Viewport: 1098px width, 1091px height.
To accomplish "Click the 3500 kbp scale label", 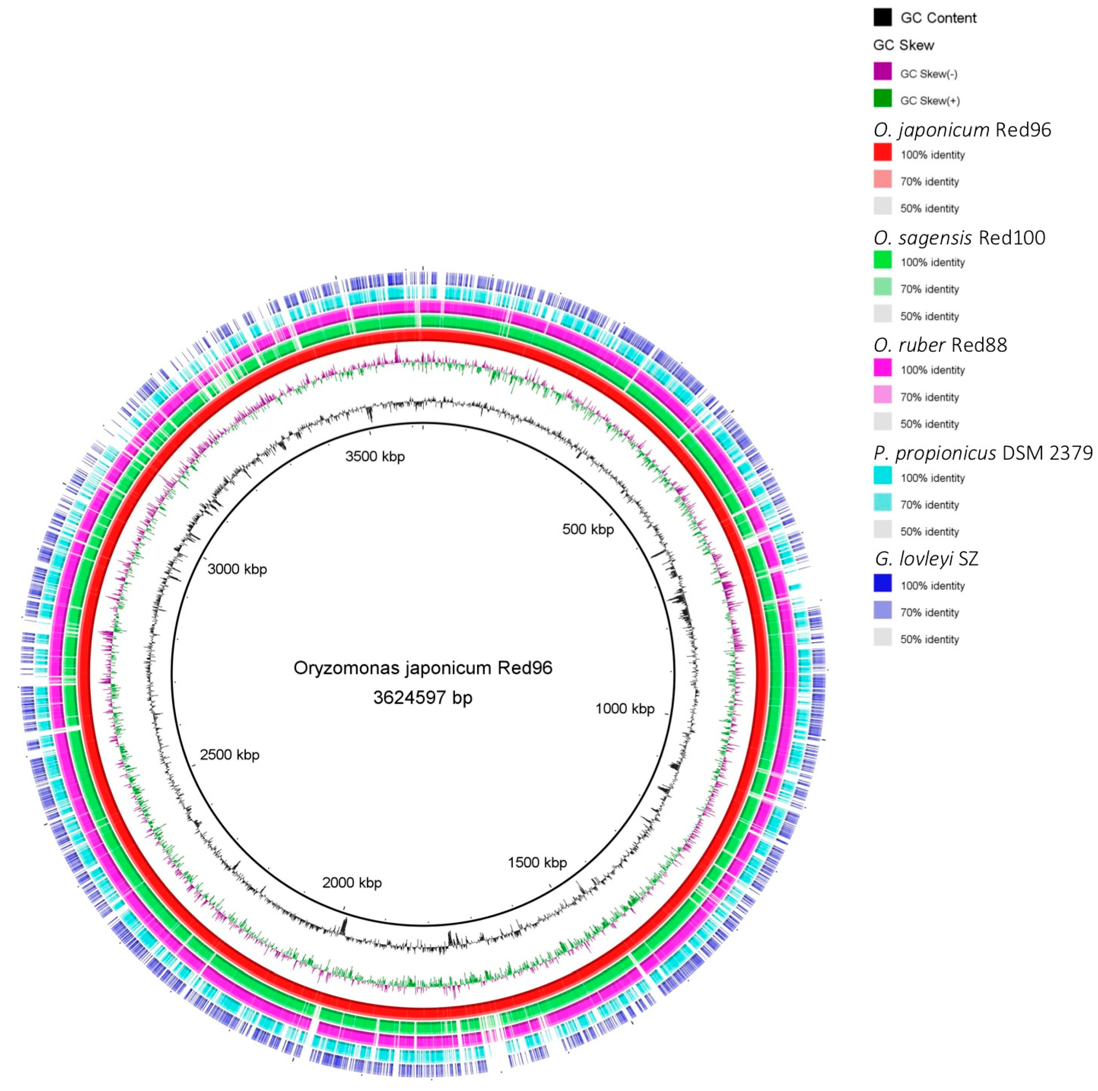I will [375, 456].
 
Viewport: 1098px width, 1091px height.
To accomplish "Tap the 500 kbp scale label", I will [588, 529].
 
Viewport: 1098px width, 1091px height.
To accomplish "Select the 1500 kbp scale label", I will [537, 863].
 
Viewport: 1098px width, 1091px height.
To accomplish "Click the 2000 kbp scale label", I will [352, 882].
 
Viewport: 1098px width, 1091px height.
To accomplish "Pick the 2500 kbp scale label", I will [229, 755].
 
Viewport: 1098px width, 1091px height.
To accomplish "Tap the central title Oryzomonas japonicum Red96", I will [422, 668].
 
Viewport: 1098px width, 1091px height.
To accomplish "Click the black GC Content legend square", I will [882, 17].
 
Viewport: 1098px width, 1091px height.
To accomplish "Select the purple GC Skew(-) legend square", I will [882, 72].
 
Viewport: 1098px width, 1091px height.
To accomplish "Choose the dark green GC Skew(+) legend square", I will [882, 99].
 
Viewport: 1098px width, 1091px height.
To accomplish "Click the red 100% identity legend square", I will [882, 153].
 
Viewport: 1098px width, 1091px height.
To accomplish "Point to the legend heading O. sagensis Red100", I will [959, 238].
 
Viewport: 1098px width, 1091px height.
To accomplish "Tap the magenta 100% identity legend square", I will [882, 368].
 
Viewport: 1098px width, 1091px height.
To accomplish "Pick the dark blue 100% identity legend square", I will [882, 584].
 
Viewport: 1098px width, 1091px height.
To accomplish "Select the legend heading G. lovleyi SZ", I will [926, 559].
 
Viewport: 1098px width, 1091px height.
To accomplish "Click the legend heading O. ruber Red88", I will [940, 345].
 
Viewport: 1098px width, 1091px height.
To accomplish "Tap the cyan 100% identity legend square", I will [882, 476].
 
